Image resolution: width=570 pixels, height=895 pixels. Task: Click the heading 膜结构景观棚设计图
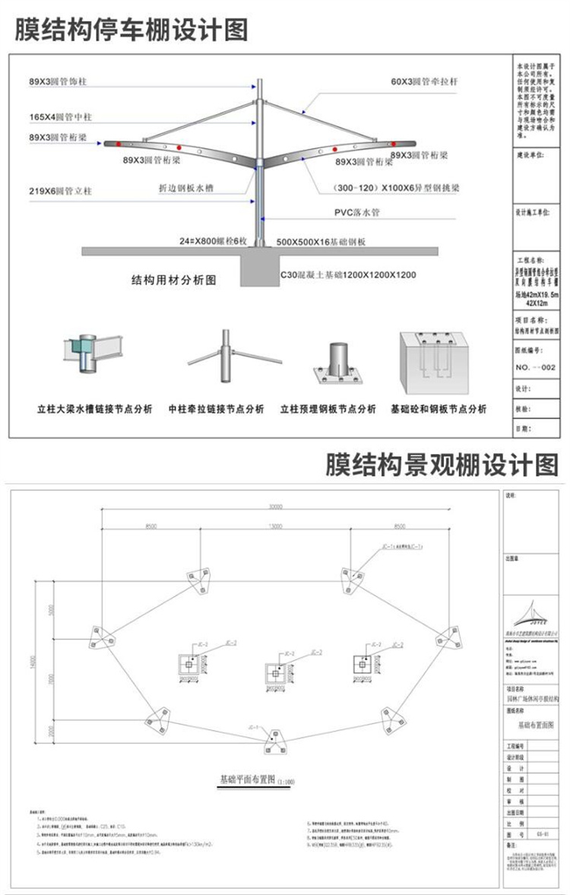point(442,464)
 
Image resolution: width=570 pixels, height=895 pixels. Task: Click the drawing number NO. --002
point(536,367)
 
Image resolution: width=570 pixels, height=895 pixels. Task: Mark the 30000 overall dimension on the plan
point(269,507)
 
